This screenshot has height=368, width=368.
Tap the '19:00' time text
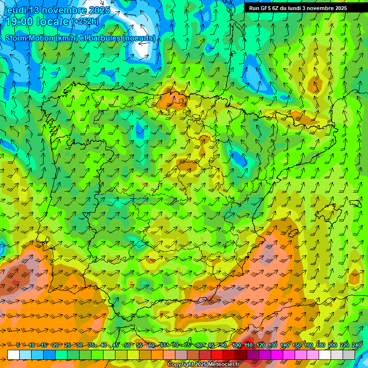[x=20, y=21]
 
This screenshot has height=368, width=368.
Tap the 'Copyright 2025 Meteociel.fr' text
[x=203, y=364]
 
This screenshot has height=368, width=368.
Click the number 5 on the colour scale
[x=18, y=345]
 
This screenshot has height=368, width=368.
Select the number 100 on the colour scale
[x=237, y=345]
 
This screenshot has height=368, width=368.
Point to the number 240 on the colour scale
[x=356, y=345]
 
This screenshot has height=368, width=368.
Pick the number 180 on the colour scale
[x=321, y=345]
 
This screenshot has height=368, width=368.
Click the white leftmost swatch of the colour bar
[x=13, y=355]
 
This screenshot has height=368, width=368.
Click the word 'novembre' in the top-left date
[x=64, y=10]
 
